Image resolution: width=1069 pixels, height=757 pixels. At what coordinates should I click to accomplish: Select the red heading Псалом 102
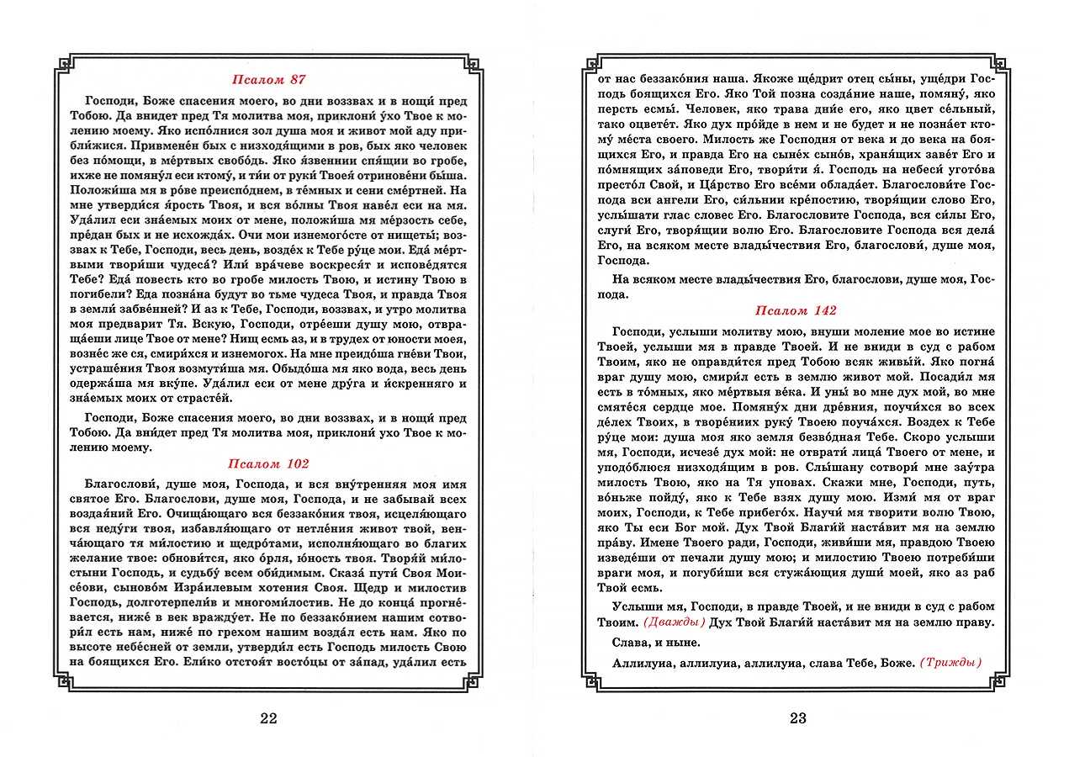[268, 463]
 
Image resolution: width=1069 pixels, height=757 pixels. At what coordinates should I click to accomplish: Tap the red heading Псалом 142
[796, 310]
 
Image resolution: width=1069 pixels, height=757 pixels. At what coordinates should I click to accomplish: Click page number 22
[268, 718]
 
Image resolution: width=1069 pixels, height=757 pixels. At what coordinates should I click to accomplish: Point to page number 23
[798, 718]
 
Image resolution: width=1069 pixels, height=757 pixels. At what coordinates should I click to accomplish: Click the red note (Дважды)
[674, 622]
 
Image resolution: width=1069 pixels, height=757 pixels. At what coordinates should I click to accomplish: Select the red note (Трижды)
[950, 663]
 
